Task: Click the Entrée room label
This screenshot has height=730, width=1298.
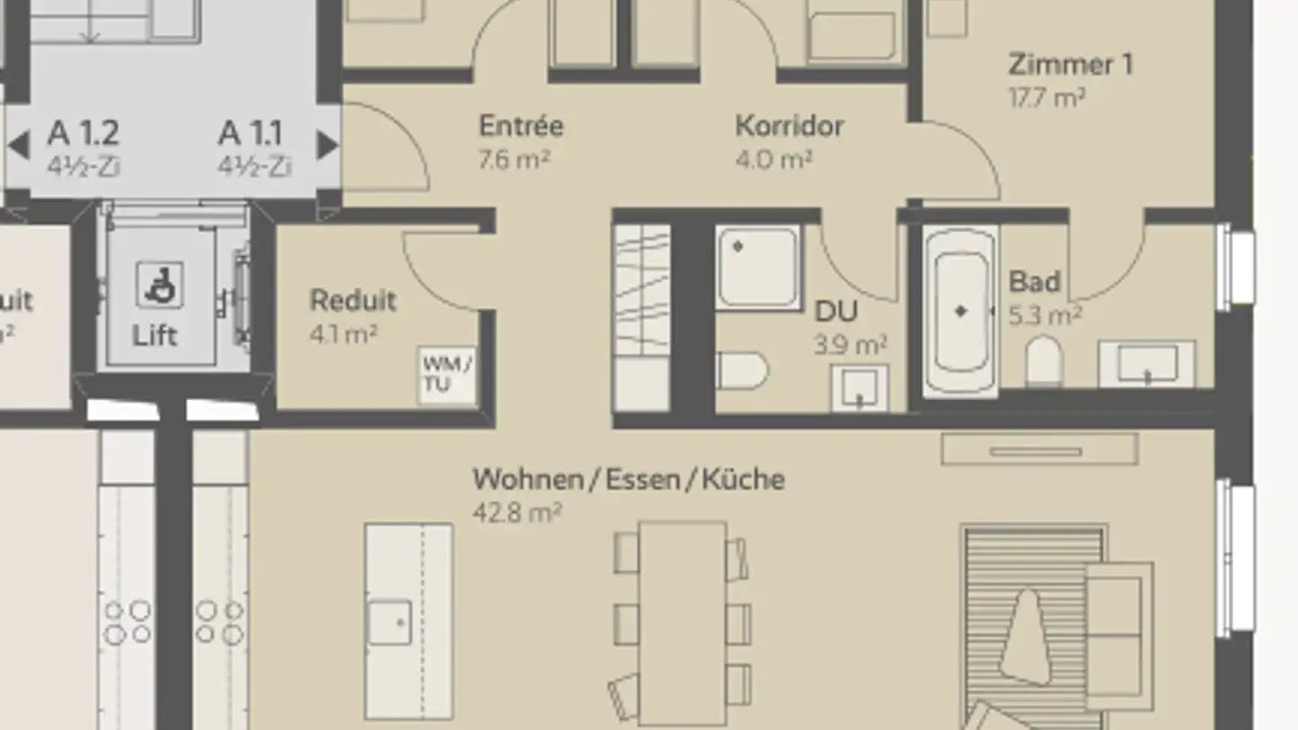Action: click(x=521, y=125)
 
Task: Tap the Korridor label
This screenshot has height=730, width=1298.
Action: click(x=790, y=125)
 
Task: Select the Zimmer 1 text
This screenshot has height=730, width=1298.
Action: click(x=1071, y=65)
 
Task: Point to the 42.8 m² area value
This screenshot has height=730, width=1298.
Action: click(x=517, y=512)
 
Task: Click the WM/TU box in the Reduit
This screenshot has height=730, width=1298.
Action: click(x=447, y=374)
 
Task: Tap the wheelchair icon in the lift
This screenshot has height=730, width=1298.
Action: click(x=160, y=284)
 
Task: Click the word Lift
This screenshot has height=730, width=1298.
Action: click(x=155, y=335)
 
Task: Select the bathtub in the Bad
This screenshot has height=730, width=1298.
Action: click(x=960, y=309)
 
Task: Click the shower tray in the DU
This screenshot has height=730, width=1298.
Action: click(x=758, y=267)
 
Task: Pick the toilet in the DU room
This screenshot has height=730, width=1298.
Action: click(x=742, y=370)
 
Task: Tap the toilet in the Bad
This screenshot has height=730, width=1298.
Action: click(x=1044, y=360)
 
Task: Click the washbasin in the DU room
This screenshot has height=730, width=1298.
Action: click(x=859, y=388)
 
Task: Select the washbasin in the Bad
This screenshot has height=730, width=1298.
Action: click(x=1147, y=364)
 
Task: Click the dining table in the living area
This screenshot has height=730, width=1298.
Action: click(x=682, y=622)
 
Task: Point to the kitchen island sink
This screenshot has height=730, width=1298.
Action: click(x=389, y=622)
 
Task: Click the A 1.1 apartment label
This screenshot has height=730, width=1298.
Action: click(x=251, y=133)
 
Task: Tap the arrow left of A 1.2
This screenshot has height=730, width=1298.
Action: click(x=18, y=144)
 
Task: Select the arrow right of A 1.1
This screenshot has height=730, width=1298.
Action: click(x=327, y=144)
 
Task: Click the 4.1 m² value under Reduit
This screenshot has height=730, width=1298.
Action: click(x=343, y=334)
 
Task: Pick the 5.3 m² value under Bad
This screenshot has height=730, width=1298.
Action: click(x=1046, y=315)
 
